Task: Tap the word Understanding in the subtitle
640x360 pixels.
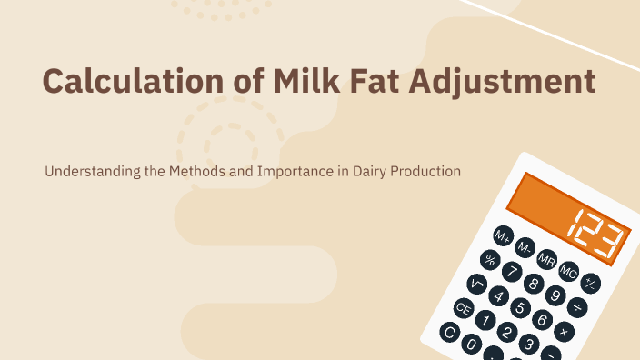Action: (x=87, y=171)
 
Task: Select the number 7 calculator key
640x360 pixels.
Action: (x=513, y=272)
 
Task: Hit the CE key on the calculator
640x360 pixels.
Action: (x=465, y=308)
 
